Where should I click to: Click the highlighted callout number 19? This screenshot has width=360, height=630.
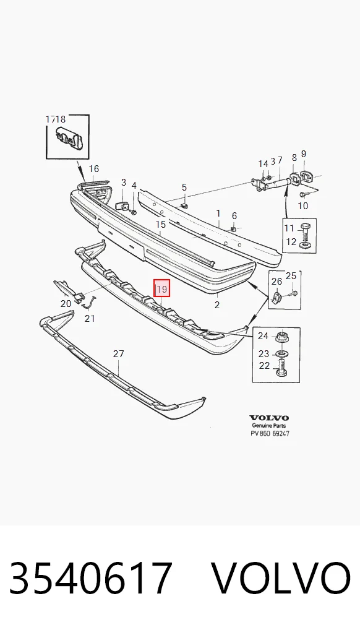pyautogui.click(x=162, y=288)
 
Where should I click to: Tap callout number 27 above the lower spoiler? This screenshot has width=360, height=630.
pyautogui.click(x=118, y=354)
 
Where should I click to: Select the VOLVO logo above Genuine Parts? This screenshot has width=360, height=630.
pyautogui.click(x=269, y=418)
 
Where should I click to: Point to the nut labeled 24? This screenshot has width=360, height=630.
pyautogui.click(x=282, y=336)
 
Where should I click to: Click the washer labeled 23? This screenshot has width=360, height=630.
pyautogui.click(x=282, y=354)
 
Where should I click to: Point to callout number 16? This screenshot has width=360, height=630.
pyautogui.click(x=93, y=169)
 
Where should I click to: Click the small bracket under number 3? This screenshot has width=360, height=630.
pyautogui.click(x=122, y=206)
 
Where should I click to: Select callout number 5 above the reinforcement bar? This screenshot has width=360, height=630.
pyautogui.click(x=184, y=188)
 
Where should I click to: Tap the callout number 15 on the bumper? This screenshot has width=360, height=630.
pyautogui.click(x=161, y=224)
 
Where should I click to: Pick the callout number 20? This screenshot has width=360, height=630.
pyautogui.click(x=66, y=303)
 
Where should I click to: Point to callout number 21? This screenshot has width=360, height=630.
pyautogui.click(x=90, y=319)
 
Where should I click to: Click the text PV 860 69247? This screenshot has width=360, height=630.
pyautogui.click(x=270, y=434)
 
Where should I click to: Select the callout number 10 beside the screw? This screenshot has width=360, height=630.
pyautogui.click(x=302, y=206)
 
